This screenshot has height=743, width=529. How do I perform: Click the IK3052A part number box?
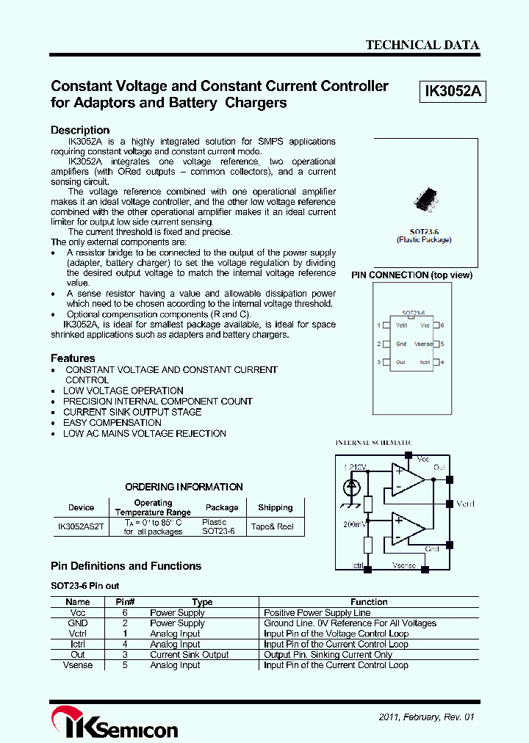click(x=453, y=92)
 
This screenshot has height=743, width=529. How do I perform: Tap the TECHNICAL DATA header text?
click(x=422, y=45)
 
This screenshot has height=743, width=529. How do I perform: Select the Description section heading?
click(x=80, y=130)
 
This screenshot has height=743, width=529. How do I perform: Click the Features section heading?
click(x=73, y=358)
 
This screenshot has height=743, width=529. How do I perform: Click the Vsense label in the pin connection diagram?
click(x=423, y=344)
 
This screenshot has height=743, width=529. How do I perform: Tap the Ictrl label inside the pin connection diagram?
click(x=425, y=362)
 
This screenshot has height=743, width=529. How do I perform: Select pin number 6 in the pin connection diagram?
click(x=442, y=325)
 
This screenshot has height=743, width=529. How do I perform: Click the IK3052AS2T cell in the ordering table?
click(x=81, y=526)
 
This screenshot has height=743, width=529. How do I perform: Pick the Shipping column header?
click(x=276, y=507)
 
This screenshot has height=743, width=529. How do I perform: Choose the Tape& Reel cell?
click(x=272, y=526)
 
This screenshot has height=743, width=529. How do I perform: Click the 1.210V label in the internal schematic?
click(x=354, y=467)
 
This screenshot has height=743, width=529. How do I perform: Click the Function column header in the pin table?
click(x=369, y=602)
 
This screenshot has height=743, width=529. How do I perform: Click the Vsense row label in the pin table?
click(x=78, y=665)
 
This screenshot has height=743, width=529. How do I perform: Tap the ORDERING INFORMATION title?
click(x=184, y=487)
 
